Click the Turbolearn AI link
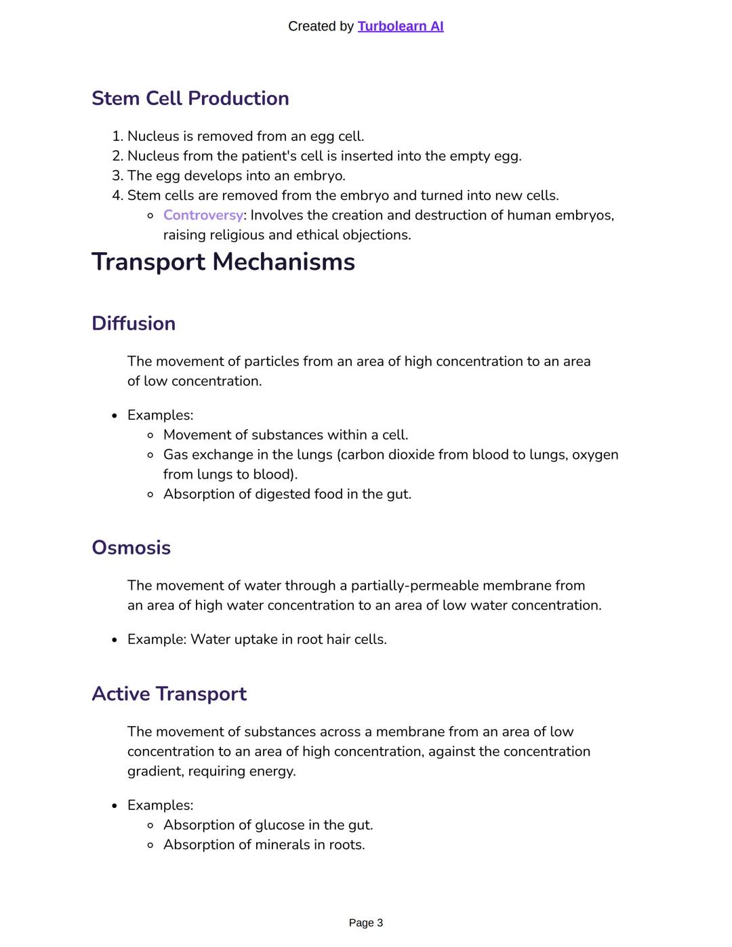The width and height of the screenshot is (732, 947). [x=400, y=26]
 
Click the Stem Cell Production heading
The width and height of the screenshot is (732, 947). [x=190, y=98]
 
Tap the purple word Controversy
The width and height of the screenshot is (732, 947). [x=203, y=215]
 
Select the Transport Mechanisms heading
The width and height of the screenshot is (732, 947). [x=223, y=262]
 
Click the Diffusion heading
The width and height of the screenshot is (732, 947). [x=134, y=323]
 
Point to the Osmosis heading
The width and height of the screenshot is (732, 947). [x=131, y=548]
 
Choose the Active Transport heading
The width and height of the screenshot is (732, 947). [x=169, y=694]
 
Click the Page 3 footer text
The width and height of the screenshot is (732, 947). [x=366, y=923]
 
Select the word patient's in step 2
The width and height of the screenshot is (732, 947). [x=269, y=156]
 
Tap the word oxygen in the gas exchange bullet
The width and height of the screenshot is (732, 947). [x=595, y=454]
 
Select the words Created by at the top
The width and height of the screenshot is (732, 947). [x=321, y=26]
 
